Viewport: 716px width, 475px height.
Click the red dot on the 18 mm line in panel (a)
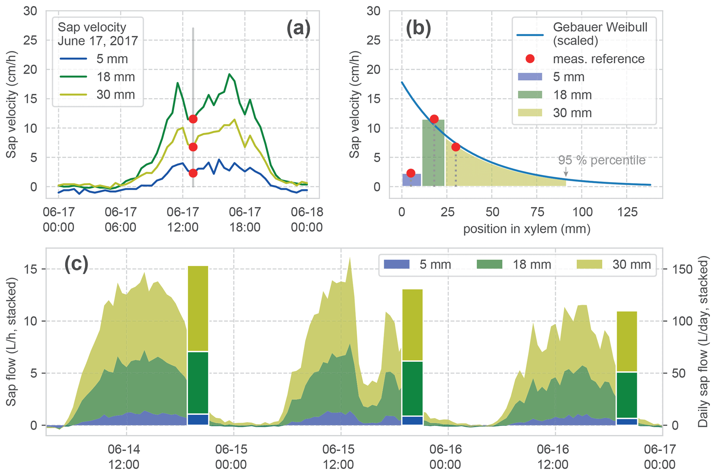pyautogui.click(x=193, y=119)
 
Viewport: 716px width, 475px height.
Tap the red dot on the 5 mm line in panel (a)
pyautogui.click(x=193, y=173)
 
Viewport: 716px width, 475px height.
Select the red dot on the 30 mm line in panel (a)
pyautogui.click(x=193, y=147)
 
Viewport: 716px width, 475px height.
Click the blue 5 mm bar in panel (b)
pyautogui.click(x=412, y=180)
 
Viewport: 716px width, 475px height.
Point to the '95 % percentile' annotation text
pyautogui.click(x=602, y=160)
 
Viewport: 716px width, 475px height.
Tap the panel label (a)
pyautogui.click(x=298, y=29)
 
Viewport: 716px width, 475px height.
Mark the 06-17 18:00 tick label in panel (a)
pyautogui.click(x=245, y=219)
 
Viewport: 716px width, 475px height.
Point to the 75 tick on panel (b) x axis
pyautogui.click(x=537, y=212)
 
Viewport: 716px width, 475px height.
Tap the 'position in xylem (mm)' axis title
pyautogui.click(x=527, y=229)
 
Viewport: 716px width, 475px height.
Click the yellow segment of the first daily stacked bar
pyautogui.click(x=198, y=308)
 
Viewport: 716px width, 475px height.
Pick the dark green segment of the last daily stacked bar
pyautogui.click(x=627, y=395)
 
